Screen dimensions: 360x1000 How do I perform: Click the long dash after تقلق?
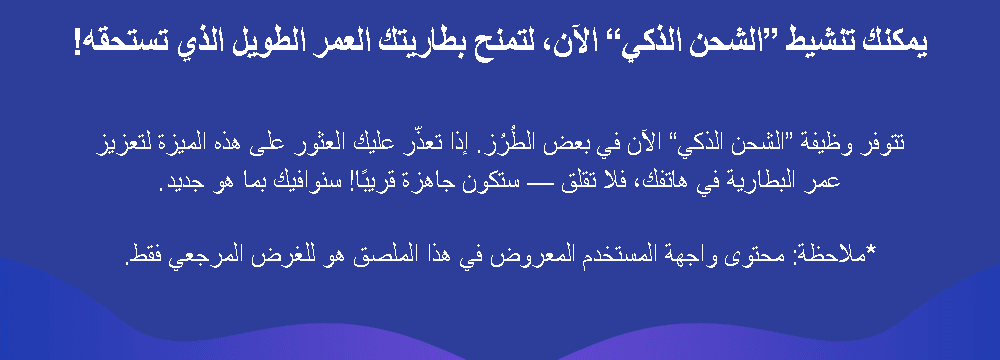click(541, 184)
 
